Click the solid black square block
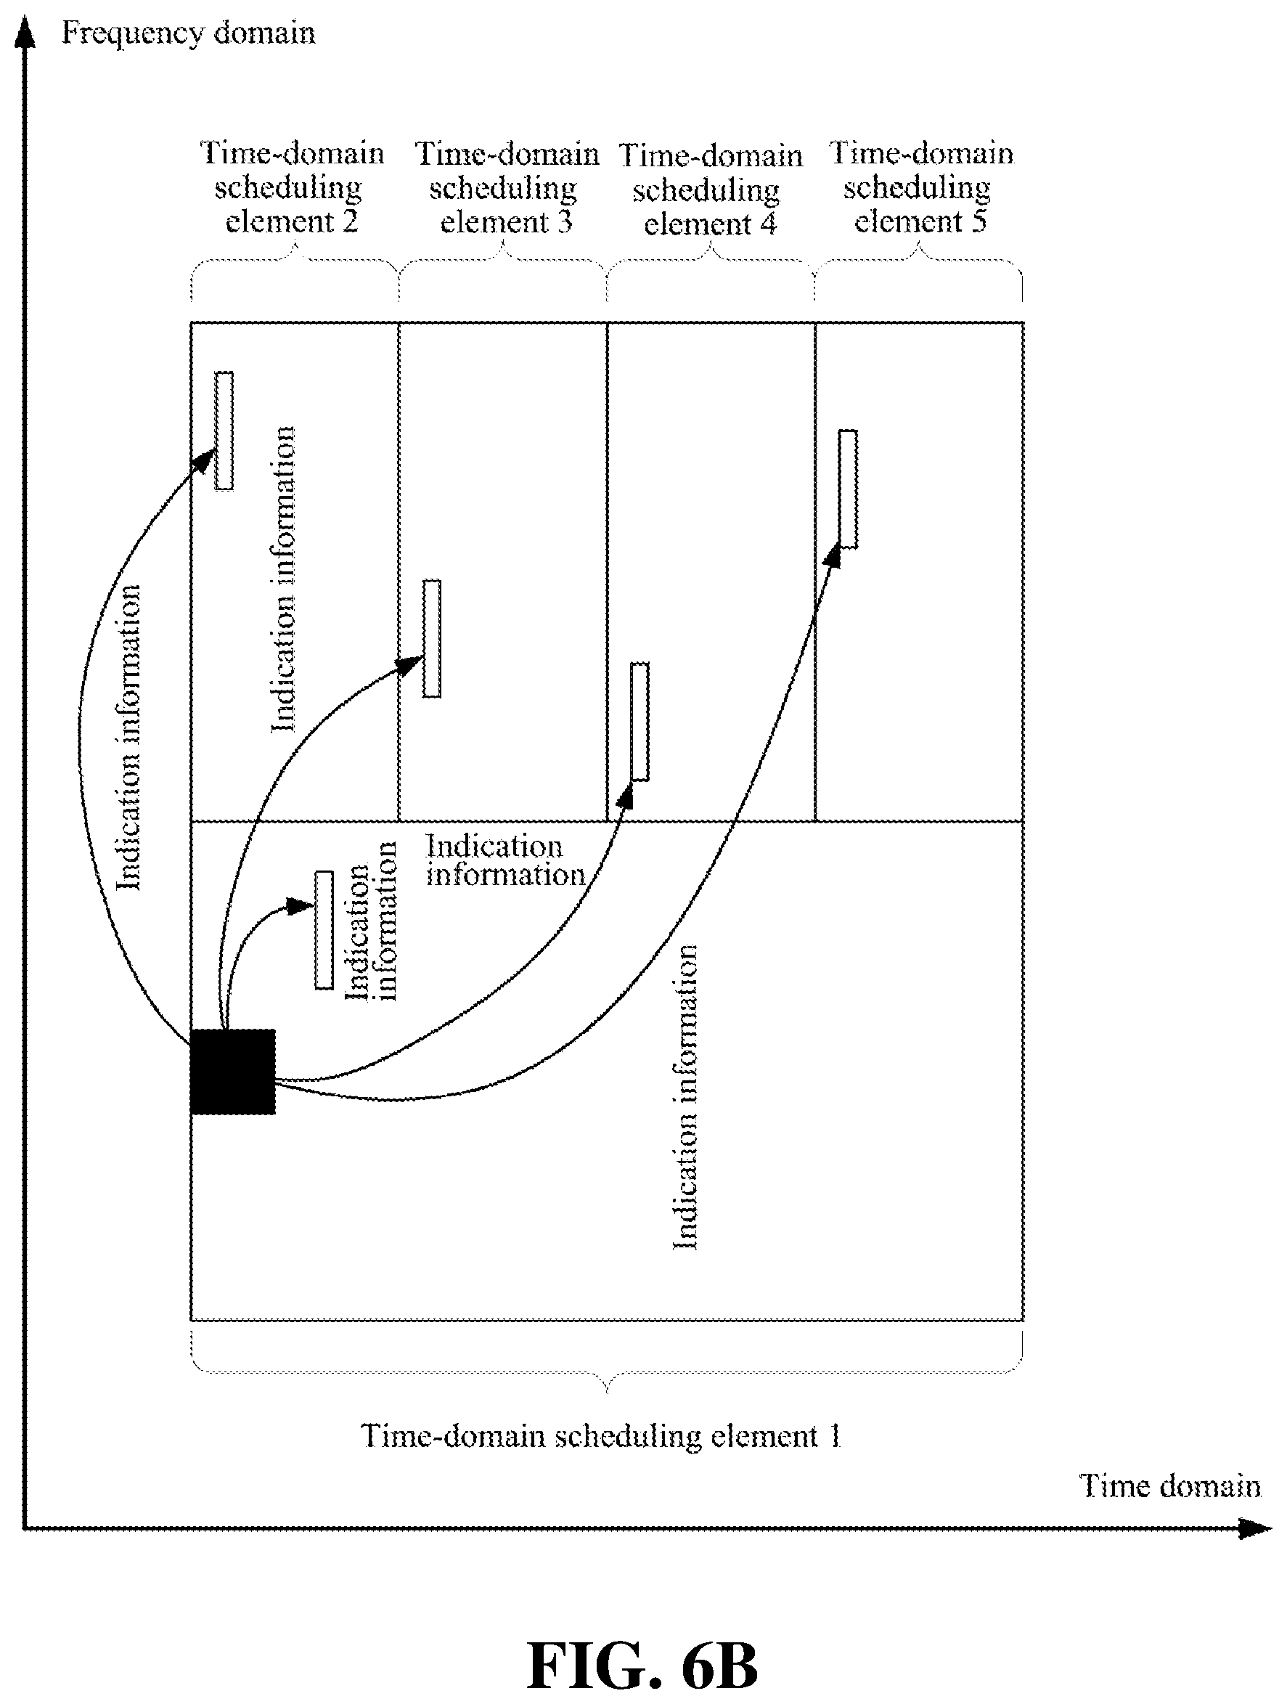(232, 1072)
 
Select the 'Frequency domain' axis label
(188, 33)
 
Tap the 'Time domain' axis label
(1170, 1485)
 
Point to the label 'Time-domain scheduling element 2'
(291, 187)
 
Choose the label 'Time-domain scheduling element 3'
(506, 188)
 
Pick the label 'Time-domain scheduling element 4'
(710, 189)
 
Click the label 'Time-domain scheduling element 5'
(920, 187)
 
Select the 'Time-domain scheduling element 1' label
(601, 1436)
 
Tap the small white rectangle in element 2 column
(224, 431)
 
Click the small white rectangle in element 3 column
(432, 639)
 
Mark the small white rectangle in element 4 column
(640, 721)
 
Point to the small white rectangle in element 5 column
(847, 489)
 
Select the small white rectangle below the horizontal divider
(324, 930)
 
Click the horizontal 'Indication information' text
(505, 860)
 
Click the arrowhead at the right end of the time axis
(1255, 1528)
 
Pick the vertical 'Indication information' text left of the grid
(128, 738)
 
